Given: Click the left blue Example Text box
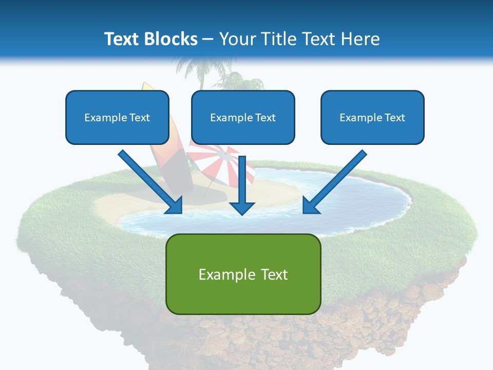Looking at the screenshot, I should [x=117, y=117].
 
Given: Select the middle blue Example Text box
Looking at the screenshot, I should [x=243, y=117].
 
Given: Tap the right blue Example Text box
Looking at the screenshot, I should [x=372, y=117].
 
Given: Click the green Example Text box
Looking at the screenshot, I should [x=243, y=274].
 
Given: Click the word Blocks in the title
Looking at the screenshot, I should [x=172, y=39].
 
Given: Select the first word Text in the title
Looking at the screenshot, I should [x=122, y=39].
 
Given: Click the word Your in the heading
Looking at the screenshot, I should [x=238, y=39].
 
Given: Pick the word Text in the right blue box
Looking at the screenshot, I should [x=394, y=118].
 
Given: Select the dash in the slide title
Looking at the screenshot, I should [x=208, y=39].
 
